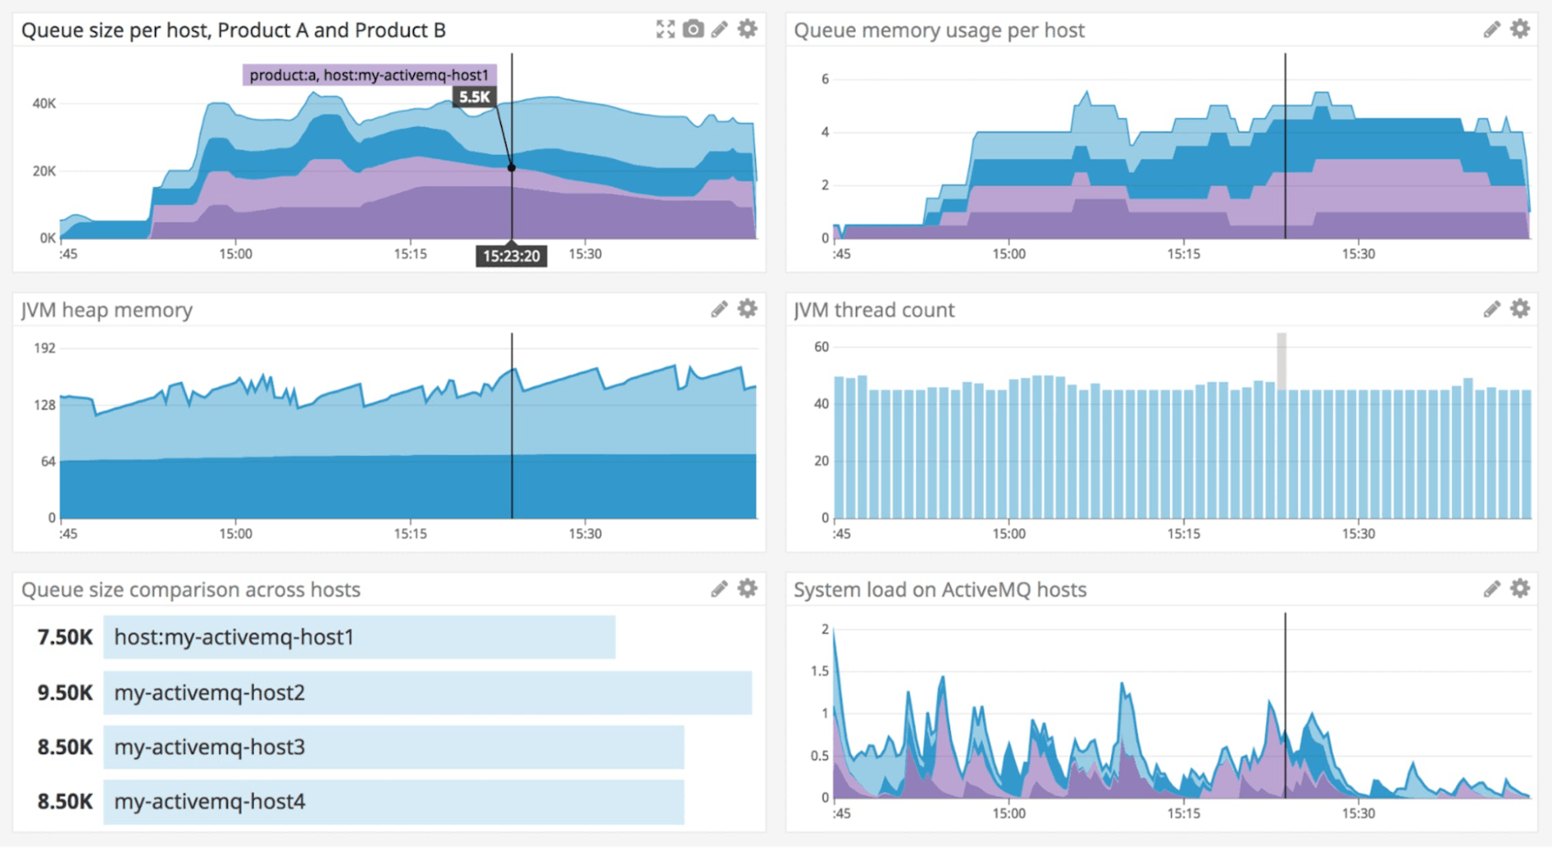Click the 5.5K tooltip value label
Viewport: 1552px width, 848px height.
[x=475, y=97]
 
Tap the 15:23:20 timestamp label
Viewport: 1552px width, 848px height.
[x=511, y=256]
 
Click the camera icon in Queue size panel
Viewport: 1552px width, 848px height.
[x=694, y=29]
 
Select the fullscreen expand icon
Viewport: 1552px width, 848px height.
[x=665, y=29]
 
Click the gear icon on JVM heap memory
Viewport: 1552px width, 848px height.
[x=748, y=310]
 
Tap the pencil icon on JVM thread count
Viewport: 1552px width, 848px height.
[x=1492, y=310]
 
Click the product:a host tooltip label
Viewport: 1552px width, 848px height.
[x=369, y=75]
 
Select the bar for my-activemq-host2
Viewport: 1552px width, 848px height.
[x=427, y=692]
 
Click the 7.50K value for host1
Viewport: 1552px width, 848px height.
[x=64, y=637]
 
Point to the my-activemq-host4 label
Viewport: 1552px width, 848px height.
[x=209, y=801]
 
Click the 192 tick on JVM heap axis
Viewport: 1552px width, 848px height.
[x=45, y=348]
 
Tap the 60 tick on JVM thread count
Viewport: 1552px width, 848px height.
[x=821, y=347]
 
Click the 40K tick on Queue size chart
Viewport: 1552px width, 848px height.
[x=44, y=103]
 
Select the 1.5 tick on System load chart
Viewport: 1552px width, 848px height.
[x=819, y=671]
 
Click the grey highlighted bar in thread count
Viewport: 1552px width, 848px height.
[x=1282, y=362]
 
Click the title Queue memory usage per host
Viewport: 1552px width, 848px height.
[x=938, y=30]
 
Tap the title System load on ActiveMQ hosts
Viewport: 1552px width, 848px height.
[x=939, y=590]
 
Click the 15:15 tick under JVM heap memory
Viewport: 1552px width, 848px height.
[x=410, y=534]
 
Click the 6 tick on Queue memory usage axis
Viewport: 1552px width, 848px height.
[x=825, y=79]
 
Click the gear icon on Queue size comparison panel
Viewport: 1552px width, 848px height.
[x=748, y=589]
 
